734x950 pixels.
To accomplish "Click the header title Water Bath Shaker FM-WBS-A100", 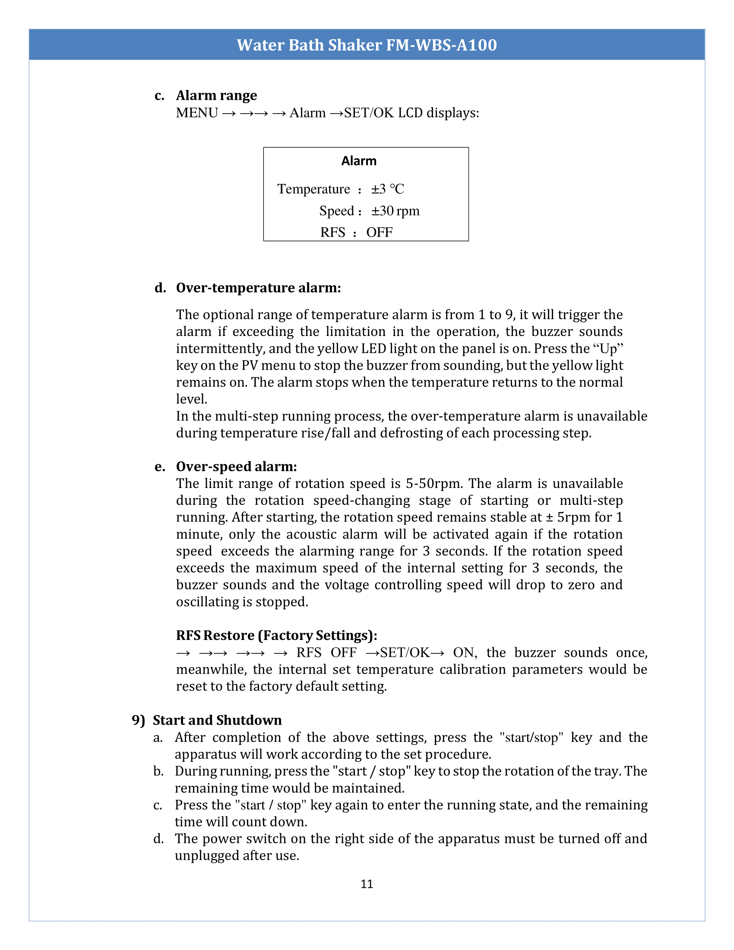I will (367, 45).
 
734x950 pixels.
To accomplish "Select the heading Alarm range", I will (216, 95).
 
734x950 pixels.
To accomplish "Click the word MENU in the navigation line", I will (196, 113).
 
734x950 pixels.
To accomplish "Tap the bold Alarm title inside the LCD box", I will (359, 161).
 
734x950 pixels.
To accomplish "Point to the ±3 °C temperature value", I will (387, 189).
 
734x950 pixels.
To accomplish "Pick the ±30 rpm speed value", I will (395, 211).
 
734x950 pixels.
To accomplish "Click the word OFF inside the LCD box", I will (379, 233).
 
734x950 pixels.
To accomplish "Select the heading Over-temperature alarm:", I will (258, 288).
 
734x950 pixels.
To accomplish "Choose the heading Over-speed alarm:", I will (236, 467).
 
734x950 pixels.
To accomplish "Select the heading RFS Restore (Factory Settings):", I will (276, 636).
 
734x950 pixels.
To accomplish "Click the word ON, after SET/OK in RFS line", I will (465, 653).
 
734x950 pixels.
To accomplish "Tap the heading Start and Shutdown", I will (217, 720).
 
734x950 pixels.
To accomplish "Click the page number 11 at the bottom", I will (367, 884).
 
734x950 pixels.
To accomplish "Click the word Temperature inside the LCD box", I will (313, 189).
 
